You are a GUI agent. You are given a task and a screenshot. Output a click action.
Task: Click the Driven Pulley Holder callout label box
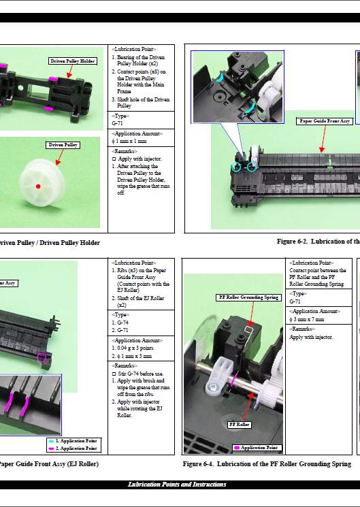tap(73, 61)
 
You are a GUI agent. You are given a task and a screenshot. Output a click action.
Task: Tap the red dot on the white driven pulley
tap(39, 186)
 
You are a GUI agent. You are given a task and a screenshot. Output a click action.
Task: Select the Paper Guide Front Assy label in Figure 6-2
tap(326, 121)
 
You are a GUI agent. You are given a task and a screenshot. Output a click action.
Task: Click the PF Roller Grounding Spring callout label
tap(248, 297)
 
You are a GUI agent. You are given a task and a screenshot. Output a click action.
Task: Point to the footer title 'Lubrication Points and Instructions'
tap(177, 484)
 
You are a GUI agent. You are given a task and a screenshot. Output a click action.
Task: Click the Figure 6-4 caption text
tap(267, 464)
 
